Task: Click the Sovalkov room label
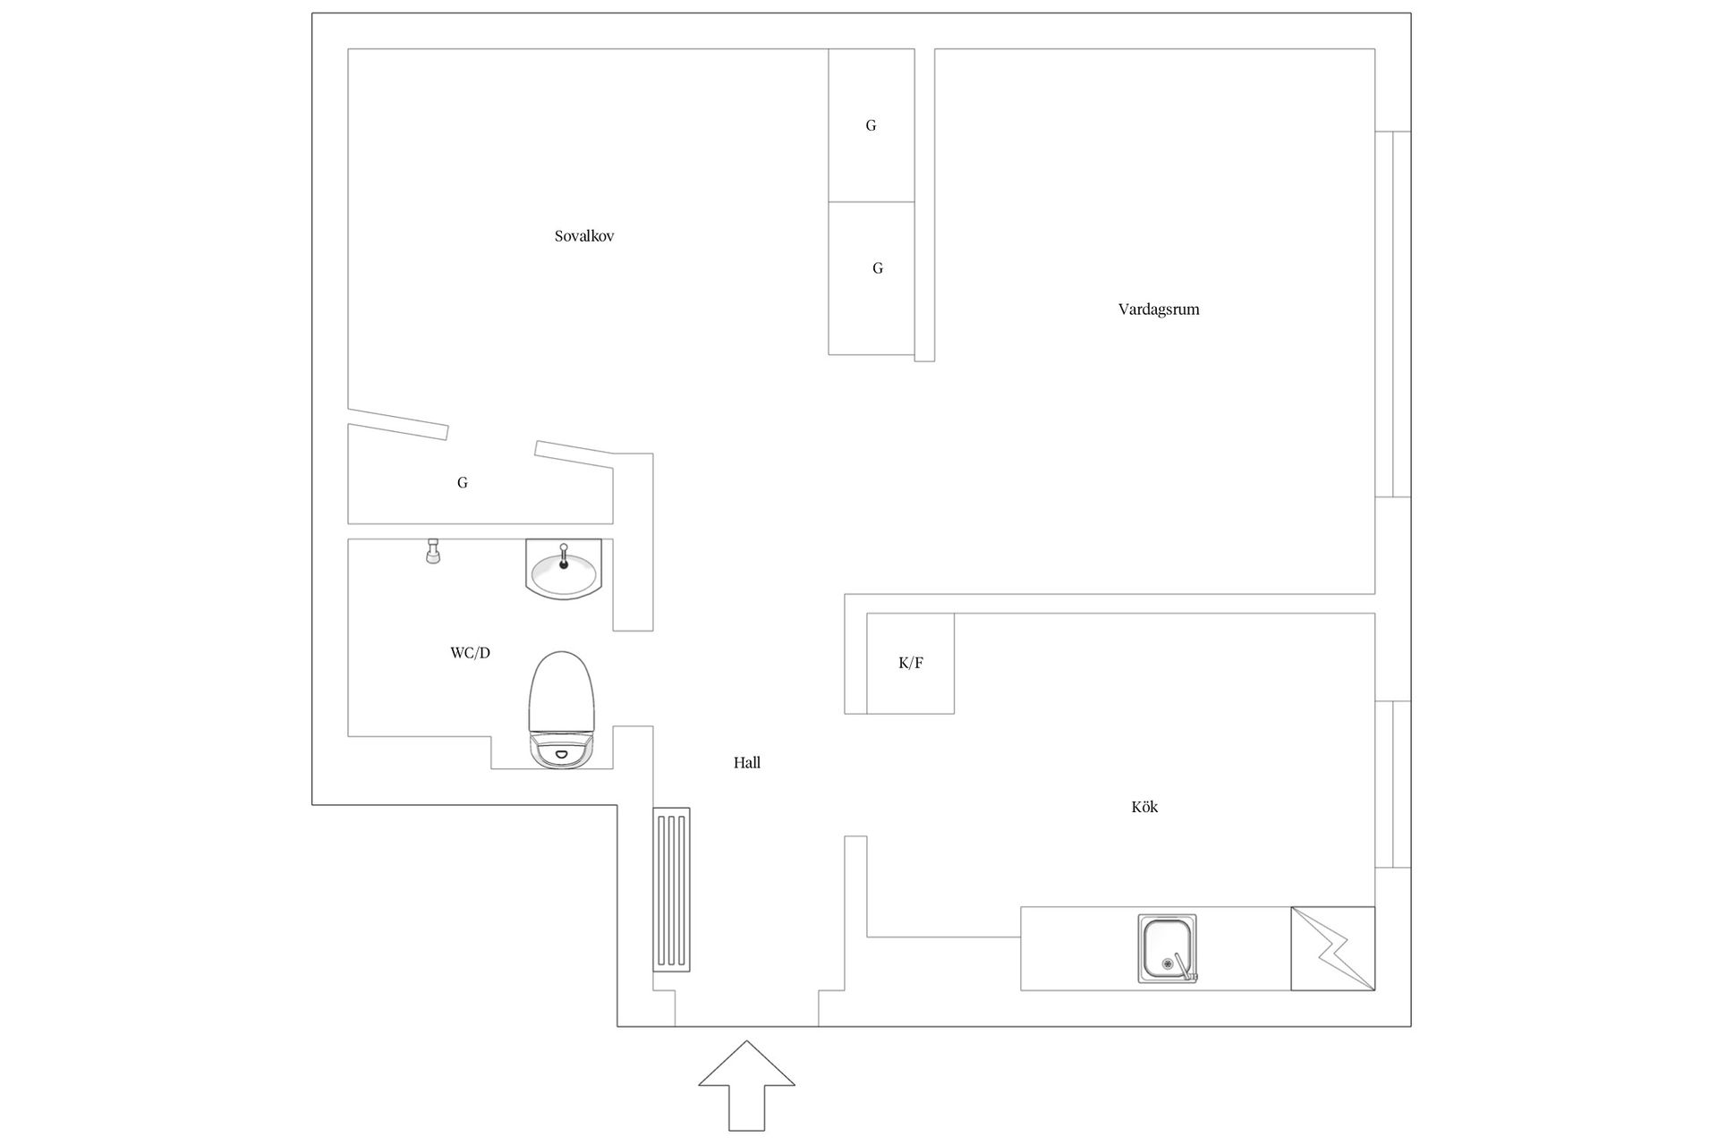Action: [x=584, y=237]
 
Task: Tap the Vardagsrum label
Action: [x=1159, y=310]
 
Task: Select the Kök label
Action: [x=1144, y=807]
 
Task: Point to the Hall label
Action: [x=747, y=763]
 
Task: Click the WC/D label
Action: [x=470, y=653]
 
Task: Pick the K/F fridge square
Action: [x=910, y=663]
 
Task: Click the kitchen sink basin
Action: [x=1167, y=948]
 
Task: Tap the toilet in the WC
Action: [x=562, y=710]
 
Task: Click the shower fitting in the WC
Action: [x=433, y=551]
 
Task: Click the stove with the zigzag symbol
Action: [x=1332, y=948]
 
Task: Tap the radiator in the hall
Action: [x=671, y=889]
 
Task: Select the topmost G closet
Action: [x=871, y=125]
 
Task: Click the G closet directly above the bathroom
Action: [x=463, y=483]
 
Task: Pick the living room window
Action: [x=1393, y=314]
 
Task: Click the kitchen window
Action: [x=1393, y=785]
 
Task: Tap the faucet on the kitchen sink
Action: [x=1185, y=967]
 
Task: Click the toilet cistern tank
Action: [x=562, y=751]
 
